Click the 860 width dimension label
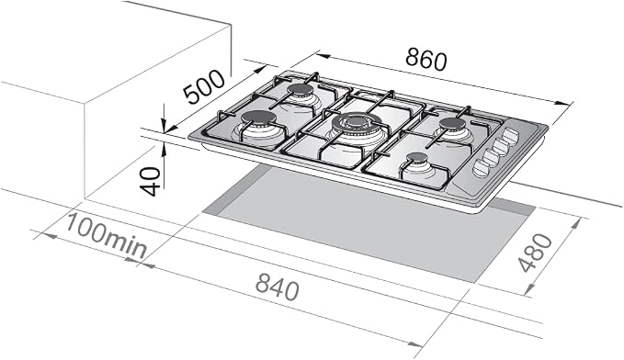click(x=426, y=60)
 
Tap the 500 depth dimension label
click(x=204, y=87)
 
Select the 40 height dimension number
click(x=151, y=182)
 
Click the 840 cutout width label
click(x=277, y=286)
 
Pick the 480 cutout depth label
click(x=536, y=253)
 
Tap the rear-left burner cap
click(x=301, y=89)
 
